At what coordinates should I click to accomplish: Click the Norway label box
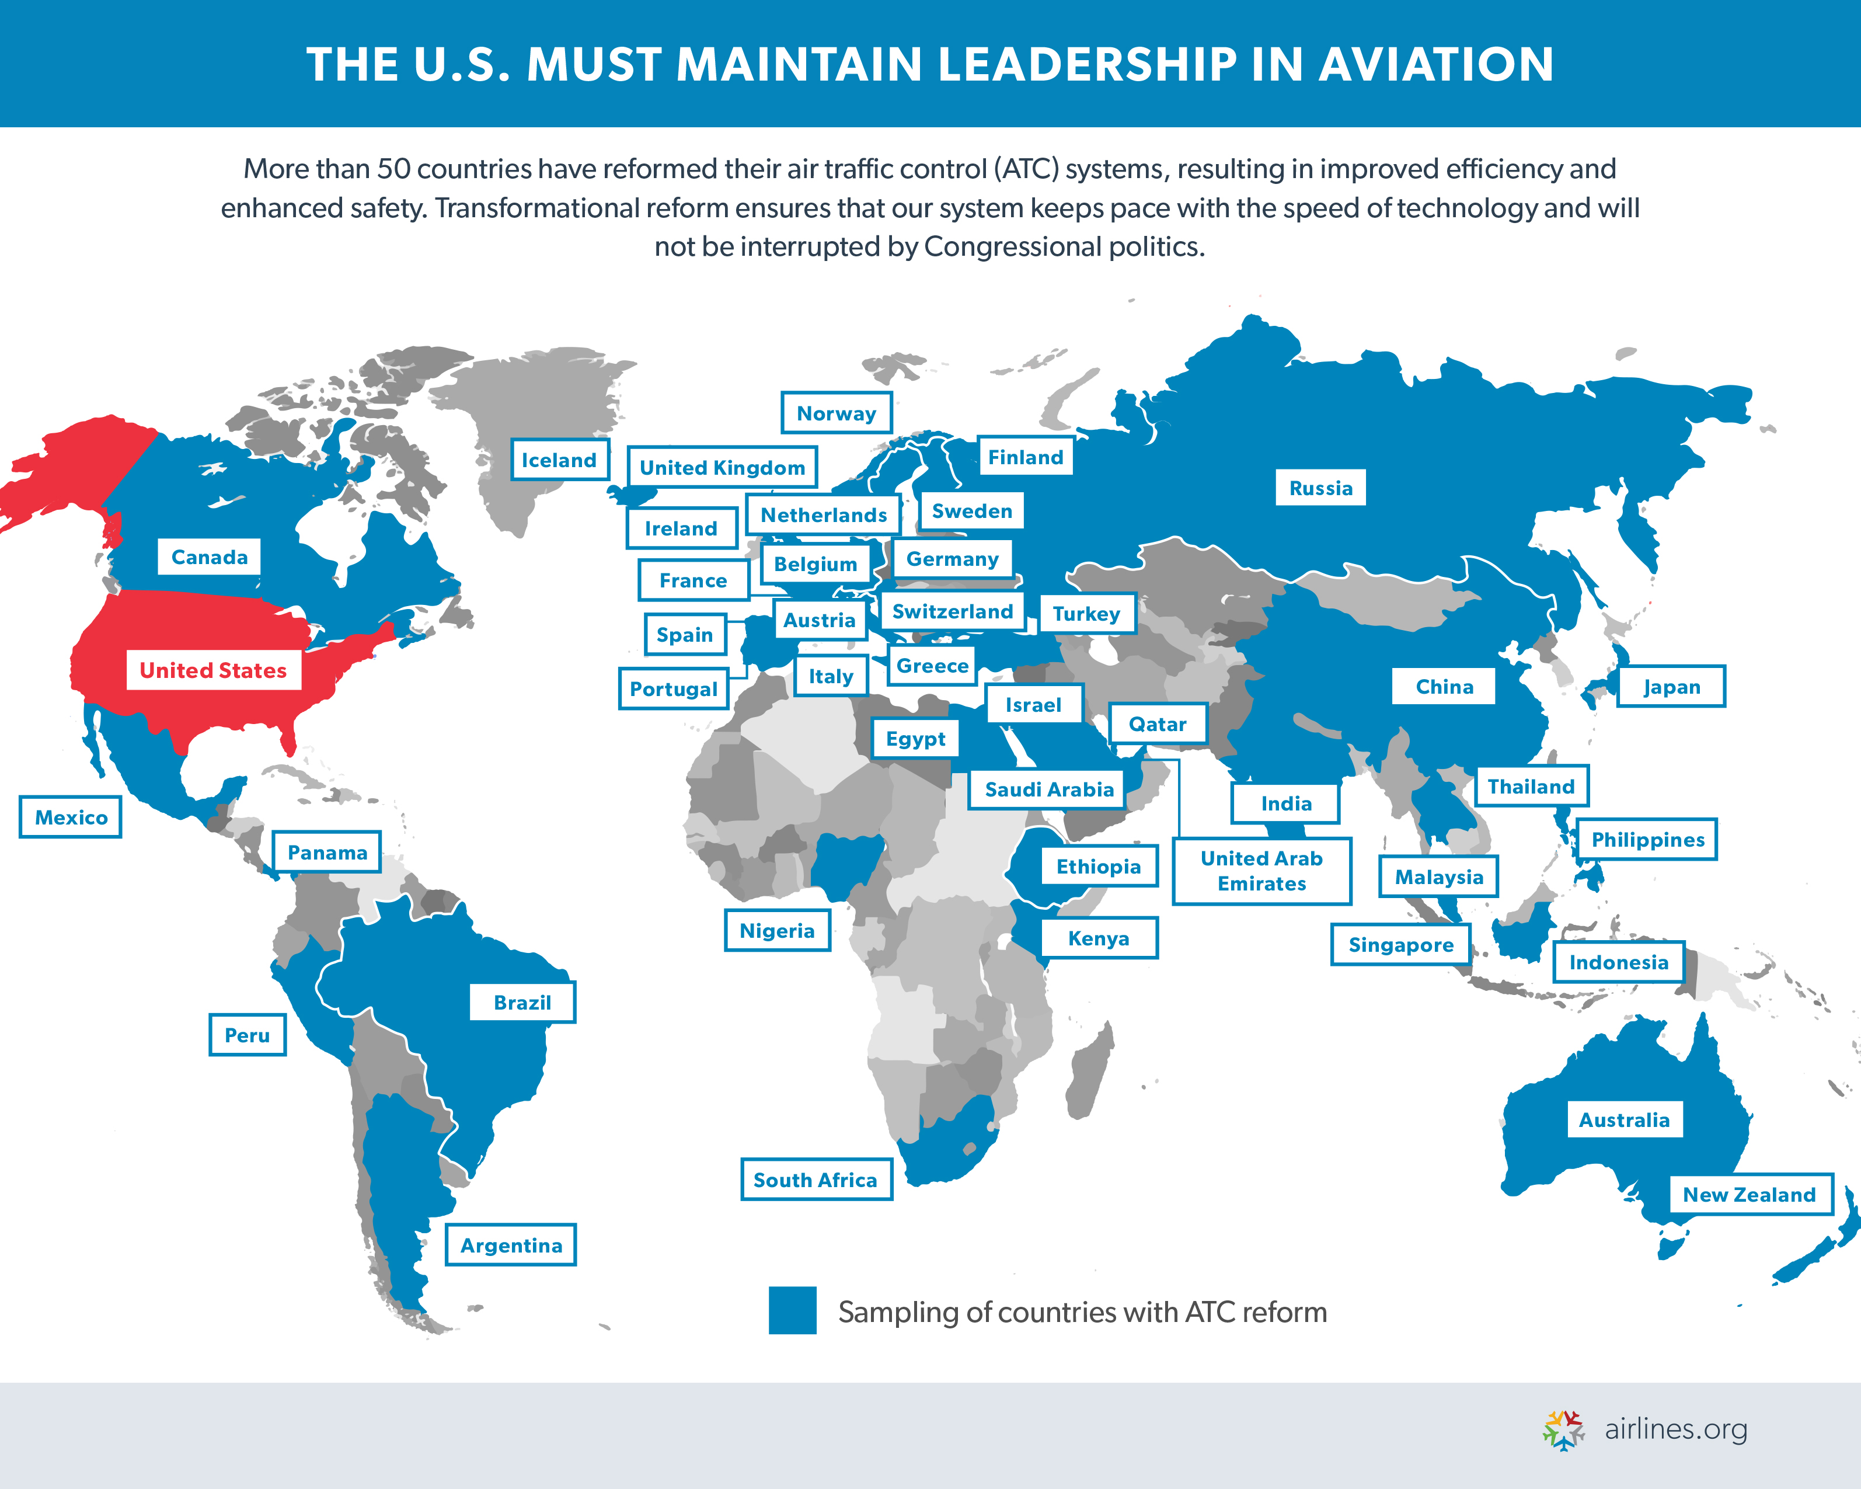(835, 413)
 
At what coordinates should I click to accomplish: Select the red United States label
(213, 671)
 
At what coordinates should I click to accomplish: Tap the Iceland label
(559, 460)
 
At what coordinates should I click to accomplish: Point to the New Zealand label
(1749, 1195)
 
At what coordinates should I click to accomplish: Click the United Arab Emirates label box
(1261, 871)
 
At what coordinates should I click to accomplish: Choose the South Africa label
(815, 1180)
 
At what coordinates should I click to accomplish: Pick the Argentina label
(511, 1246)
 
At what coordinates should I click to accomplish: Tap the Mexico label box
(71, 817)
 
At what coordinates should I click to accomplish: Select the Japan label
(1671, 687)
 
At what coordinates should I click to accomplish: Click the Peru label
(247, 1035)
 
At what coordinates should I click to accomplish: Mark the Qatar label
(1158, 724)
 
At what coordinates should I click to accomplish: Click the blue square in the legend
(792, 1310)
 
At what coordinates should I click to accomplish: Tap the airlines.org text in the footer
(1675, 1429)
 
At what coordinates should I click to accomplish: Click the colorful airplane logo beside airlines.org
(1563, 1430)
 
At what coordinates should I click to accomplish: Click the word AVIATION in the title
(1435, 65)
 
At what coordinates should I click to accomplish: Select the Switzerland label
(952, 612)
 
